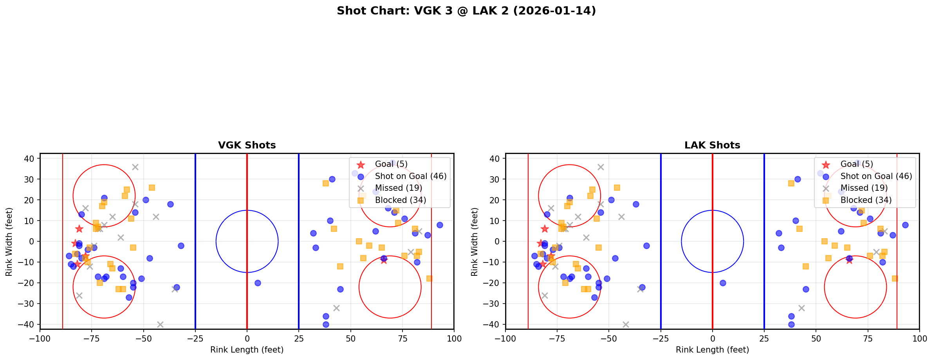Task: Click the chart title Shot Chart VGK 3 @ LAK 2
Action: tap(466, 11)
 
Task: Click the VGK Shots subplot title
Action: tap(247, 145)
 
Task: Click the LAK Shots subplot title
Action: tap(712, 145)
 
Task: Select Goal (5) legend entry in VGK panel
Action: tap(391, 164)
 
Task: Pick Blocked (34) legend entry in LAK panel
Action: tap(866, 200)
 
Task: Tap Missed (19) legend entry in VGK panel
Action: tap(398, 188)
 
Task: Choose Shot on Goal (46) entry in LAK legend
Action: tap(876, 176)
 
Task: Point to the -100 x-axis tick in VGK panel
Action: tap(40, 338)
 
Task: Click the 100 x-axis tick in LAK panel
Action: tap(919, 338)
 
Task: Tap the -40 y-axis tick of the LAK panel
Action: tap(493, 324)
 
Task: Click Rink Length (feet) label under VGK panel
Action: tap(247, 350)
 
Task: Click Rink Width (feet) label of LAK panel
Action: tap(474, 242)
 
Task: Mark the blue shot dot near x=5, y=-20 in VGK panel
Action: tap(258, 283)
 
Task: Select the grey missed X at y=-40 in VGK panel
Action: tap(160, 324)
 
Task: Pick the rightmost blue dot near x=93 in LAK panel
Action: tap(905, 225)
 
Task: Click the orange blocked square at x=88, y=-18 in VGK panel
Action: tap(429, 279)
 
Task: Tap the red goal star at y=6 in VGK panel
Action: tap(79, 229)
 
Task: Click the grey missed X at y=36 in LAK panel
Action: tap(601, 167)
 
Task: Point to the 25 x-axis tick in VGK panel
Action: tap(299, 338)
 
